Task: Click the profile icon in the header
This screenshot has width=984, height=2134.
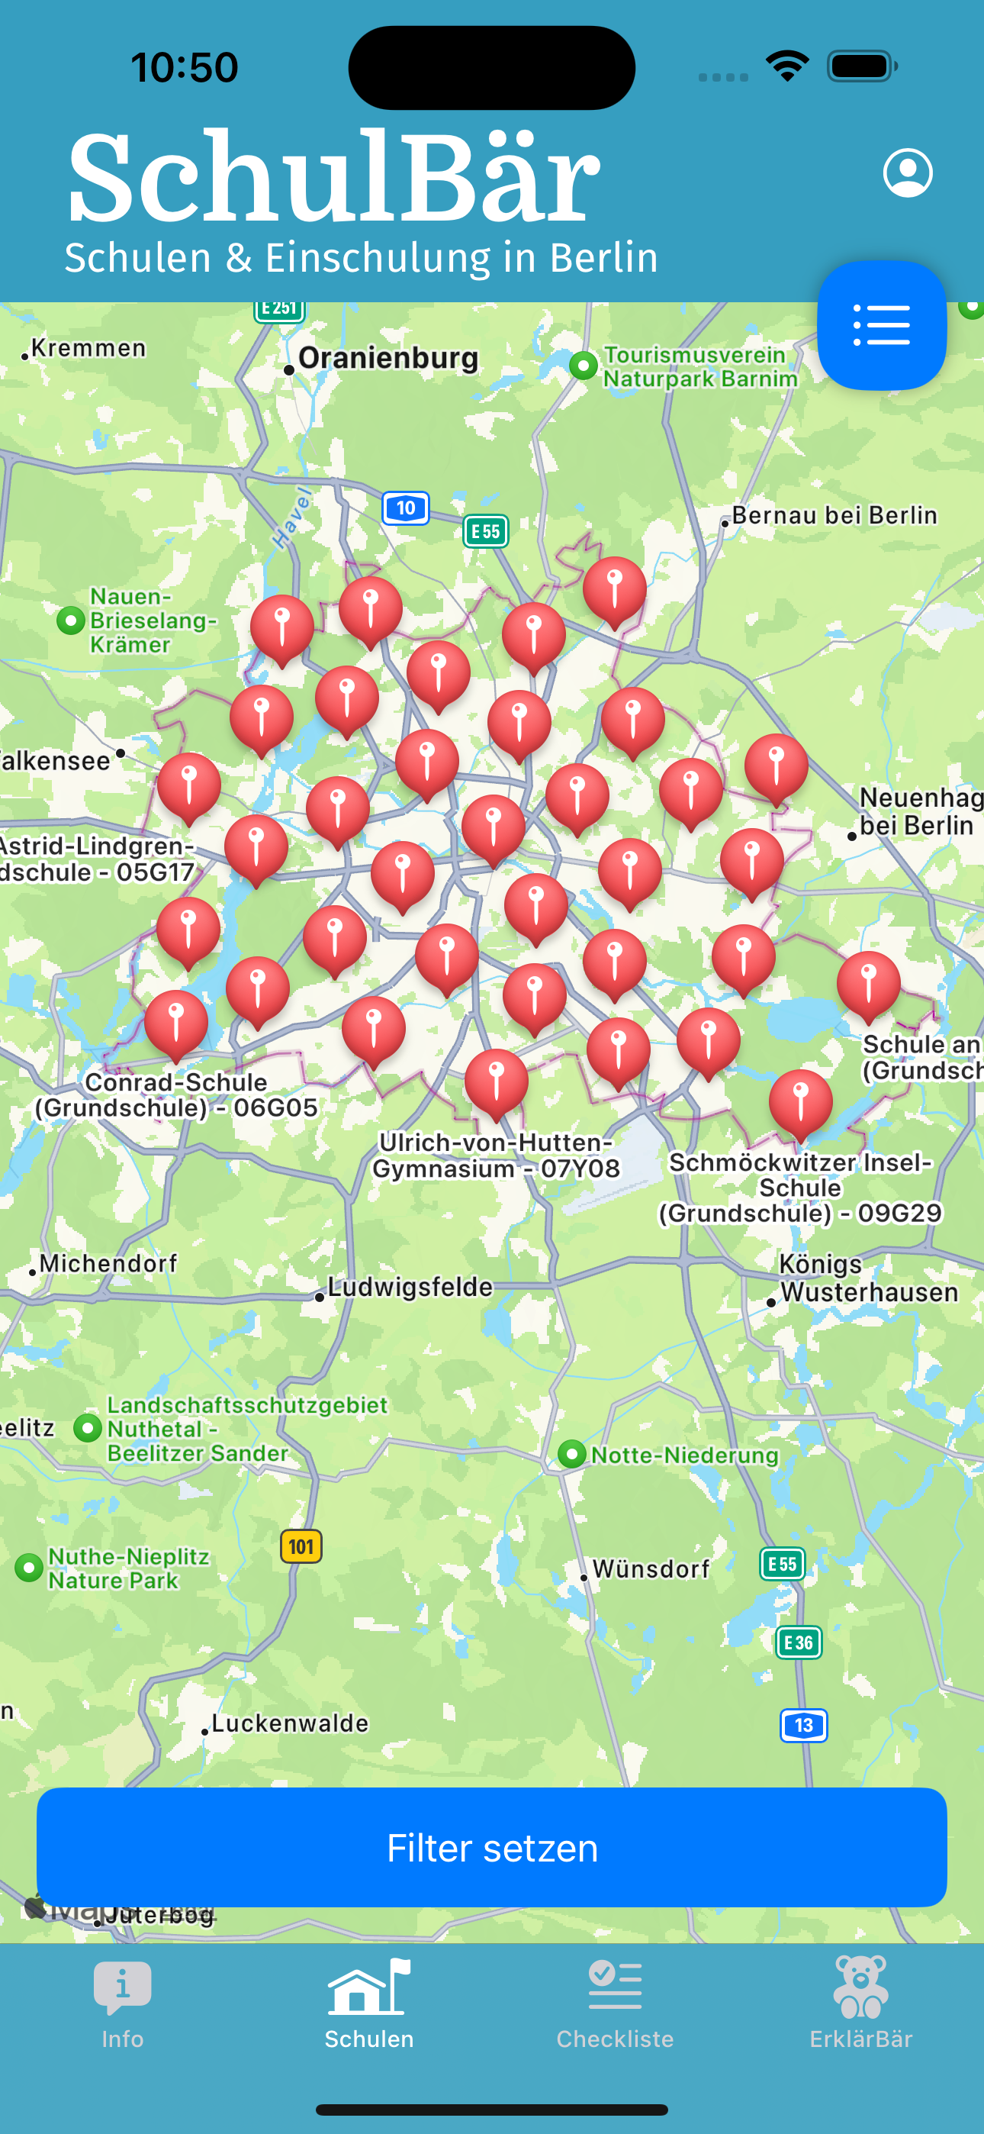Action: (x=908, y=173)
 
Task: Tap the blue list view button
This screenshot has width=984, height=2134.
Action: (x=881, y=324)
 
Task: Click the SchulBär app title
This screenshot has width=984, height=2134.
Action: (x=334, y=177)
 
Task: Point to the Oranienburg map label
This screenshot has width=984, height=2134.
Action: (x=387, y=359)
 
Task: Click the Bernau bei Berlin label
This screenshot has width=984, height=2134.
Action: (x=834, y=515)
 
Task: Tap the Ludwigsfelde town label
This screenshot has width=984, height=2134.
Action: (x=410, y=1288)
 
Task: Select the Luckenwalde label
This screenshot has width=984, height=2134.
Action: (x=289, y=1724)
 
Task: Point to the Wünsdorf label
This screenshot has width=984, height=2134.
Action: (x=651, y=1569)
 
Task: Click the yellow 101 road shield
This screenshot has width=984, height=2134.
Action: (x=301, y=1546)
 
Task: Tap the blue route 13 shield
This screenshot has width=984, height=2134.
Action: (x=803, y=1726)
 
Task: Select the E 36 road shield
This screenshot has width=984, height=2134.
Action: (x=799, y=1642)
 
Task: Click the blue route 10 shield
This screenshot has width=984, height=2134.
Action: (x=405, y=508)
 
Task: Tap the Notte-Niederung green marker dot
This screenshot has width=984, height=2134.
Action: (x=571, y=1454)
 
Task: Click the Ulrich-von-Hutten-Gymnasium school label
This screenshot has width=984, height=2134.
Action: (x=496, y=1156)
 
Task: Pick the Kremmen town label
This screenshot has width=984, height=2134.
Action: (x=88, y=348)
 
